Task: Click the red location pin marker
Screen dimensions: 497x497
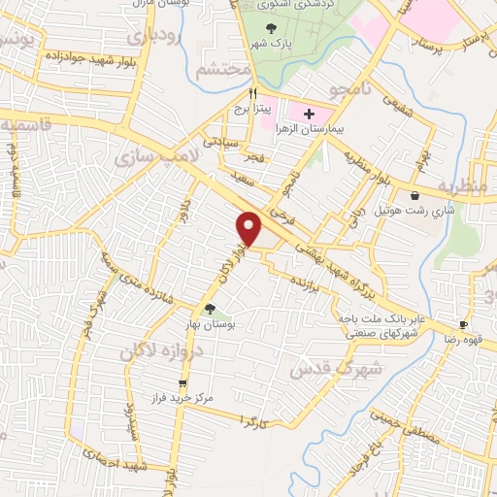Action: [x=250, y=227]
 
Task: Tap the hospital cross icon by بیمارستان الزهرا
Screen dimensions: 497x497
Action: [x=309, y=115]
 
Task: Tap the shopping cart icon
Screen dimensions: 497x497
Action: [x=182, y=383]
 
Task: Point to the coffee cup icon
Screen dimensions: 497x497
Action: [x=464, y=324]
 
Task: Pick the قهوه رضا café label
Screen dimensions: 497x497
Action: [x=470, y=340]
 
